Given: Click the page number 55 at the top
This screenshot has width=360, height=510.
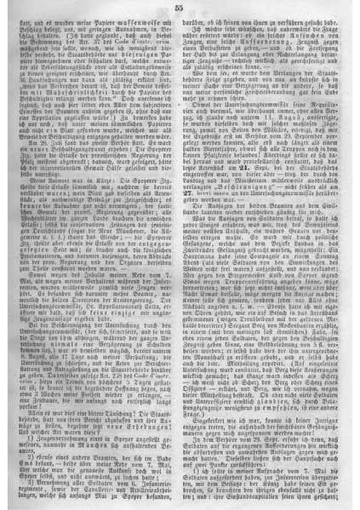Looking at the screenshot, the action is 180,7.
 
